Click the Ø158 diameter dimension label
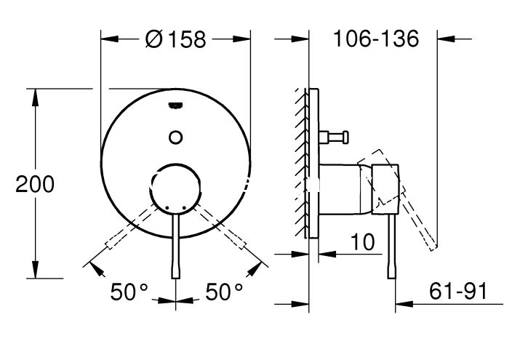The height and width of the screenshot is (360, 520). pyautogui.click(x=176, y=39)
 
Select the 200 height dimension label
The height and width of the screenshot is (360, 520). pyautogui.click(x=35, y=184)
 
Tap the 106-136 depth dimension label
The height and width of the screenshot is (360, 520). pyautogui.click(x=376, y=39)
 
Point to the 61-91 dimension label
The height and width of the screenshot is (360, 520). pyautogui.click(x=458, y=291)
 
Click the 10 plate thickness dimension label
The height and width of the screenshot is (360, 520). pyautogui.click(x=362, y=241)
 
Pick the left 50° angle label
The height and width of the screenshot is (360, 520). pyautogui.click(x=129, y=292)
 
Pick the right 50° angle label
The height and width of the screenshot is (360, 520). pyautogui.click(x=224, y=292)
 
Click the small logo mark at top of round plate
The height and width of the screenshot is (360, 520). pyautogui.click(x=175, y=105)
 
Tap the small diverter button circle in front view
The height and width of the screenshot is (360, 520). pyautogui.click(x=175, y=137)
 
